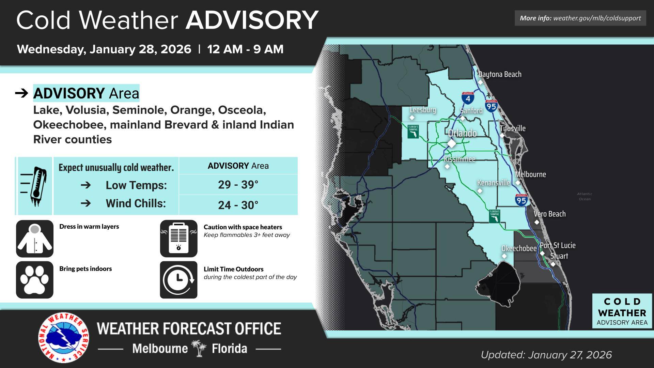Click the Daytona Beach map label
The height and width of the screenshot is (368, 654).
click(x=500, y=74)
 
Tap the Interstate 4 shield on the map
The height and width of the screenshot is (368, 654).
click(x=468, y=98)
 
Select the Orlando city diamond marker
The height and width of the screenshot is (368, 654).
click(x=451, y=143)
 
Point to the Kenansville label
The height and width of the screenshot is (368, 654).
click(x=494, y=183)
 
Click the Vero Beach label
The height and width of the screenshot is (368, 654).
click(x=549, y=214)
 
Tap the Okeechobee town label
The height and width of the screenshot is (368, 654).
click(x=519, y=248)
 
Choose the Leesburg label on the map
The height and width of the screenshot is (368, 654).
click(x=423, y=110)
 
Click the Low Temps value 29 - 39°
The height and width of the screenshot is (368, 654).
click(x=238, y=185)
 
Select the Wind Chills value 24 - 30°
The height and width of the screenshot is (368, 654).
click(x=238, y=205)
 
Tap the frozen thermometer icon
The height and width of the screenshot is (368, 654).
click(x=35, y=186)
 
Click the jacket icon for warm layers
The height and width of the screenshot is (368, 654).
click(x=35, y=239)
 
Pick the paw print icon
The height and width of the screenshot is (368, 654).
click(x=35, y=280)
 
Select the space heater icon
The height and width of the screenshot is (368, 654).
click(x=178, y=239)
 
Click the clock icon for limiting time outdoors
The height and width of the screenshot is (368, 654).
click(x=178, y=280)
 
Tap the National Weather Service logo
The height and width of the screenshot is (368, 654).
click(x=63, y=338)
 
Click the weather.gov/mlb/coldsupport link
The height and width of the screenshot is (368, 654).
click(x=597, y=18)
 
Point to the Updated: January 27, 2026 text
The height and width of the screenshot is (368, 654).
click(x=546, y=355)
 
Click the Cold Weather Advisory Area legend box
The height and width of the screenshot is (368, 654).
click(x=622, y=311)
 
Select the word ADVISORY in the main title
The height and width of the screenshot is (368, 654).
click(x=252, y=20)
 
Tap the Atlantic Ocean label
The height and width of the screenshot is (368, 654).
click(x=585, y=196)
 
